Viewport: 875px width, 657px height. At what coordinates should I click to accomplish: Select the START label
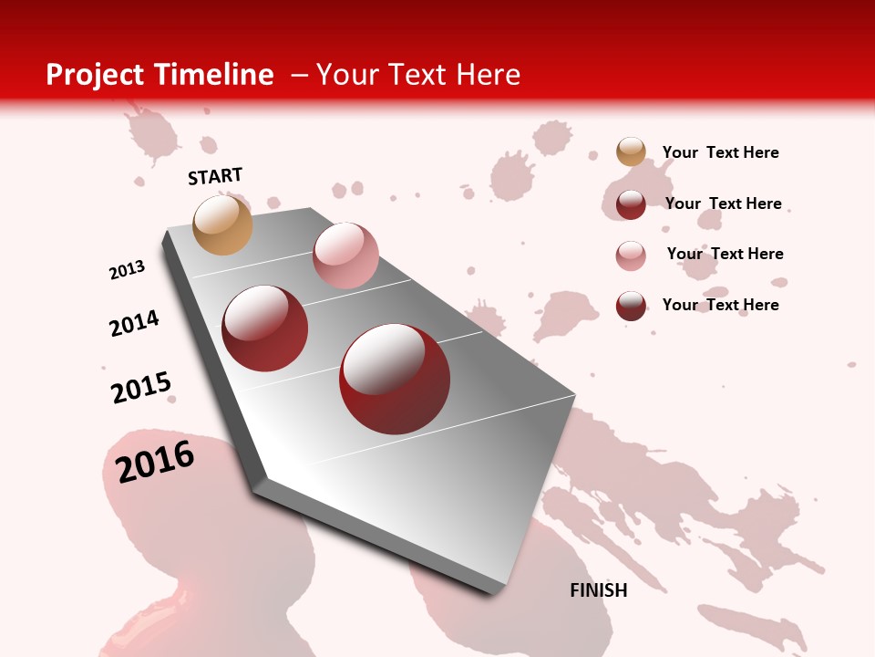(215, 176)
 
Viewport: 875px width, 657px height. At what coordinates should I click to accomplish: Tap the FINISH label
(599, 590)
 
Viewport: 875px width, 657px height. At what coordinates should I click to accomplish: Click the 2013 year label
(127, 269)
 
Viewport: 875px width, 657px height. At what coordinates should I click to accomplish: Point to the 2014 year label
(134, 323)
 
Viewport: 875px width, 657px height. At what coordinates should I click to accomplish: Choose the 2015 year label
(141, 388)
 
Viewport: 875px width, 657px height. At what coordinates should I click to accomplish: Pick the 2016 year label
(155, 461)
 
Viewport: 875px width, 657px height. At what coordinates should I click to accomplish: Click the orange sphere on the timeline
(223, 224)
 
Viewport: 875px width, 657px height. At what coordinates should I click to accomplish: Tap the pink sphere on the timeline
(345, 255)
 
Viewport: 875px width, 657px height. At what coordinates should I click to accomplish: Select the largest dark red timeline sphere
(395, 379)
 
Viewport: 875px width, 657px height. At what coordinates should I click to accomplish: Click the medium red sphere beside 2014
(265, 328)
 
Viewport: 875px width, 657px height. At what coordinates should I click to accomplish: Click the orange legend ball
(631, 152)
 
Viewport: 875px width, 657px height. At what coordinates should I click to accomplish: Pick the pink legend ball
(631, 255)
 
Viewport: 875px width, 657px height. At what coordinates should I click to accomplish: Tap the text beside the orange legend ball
(720, 152)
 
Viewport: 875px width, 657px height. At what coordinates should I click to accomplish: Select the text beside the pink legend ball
(725, 254)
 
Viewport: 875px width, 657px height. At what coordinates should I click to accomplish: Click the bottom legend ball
(631, 306)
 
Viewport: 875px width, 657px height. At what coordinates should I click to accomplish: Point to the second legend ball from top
(631, 204)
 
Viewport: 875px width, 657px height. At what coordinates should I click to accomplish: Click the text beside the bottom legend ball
(720, 305)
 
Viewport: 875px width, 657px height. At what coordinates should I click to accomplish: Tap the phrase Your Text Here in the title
(418, 75)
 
